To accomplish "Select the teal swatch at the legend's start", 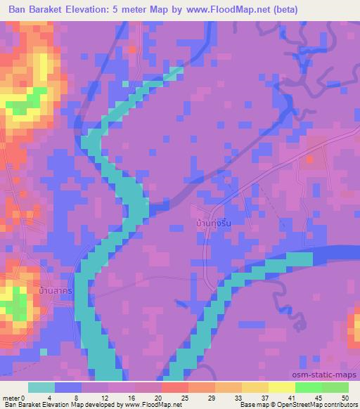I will pos(41,387).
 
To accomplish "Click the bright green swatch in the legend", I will pos(308,387).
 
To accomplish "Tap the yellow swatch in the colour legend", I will pos(281,387).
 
